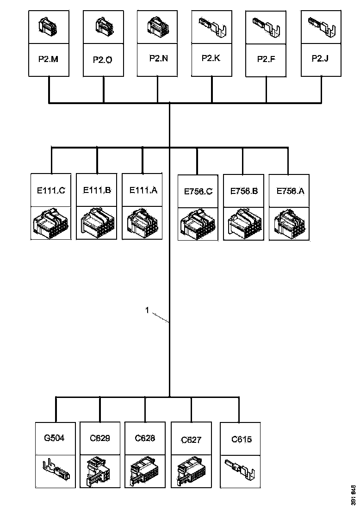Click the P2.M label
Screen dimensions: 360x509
click(x=49, y=59)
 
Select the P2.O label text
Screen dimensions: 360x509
click(x=103, y=60)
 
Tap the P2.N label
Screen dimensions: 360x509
click(x=158, y=58)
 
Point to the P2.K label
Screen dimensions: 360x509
click(x=211, y=58)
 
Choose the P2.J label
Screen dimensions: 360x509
click(x=320, y=58)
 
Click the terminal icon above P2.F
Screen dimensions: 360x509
click(x=266, y=28)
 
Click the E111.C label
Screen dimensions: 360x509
click(x=50, y=190)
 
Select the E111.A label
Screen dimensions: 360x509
click(x=143, y=190)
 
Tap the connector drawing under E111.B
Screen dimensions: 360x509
click(x=96, y=223)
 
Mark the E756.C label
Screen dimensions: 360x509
click(x=199, y=192)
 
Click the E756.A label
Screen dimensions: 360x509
click(x=291, y=191)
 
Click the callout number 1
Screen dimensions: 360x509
click(x=147, y=310)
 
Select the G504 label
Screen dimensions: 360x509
click(x=54, y=438)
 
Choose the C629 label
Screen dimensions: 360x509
click(x=100, y=438)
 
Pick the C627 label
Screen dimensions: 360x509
click(x=191, y=440)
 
